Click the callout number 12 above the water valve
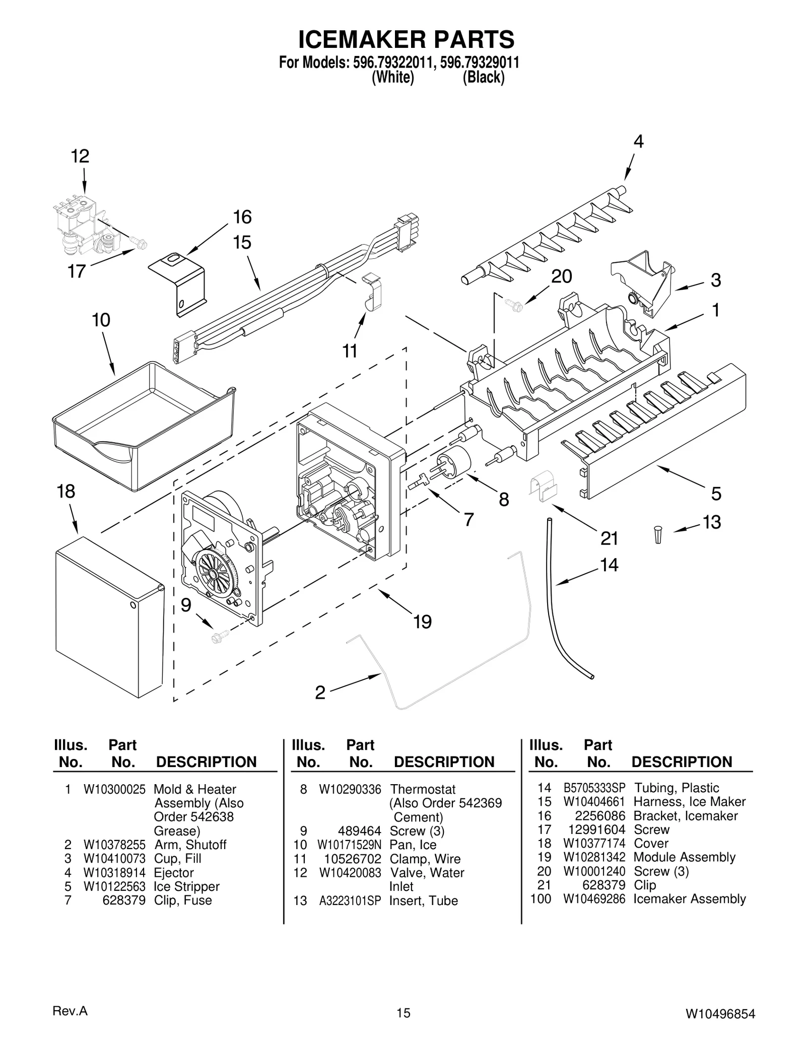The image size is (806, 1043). (x=80, y=156)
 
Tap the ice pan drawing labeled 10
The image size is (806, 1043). (x=144, y=426)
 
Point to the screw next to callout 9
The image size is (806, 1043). (x=221, y=636)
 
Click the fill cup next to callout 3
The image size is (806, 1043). (x=642, y=282)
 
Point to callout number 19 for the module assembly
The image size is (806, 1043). (x=422, y=622)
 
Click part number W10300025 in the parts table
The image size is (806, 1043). (x=114, y=789)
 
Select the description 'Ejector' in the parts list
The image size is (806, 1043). (x=174, y=873)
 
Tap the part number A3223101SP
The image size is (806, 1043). (x=350, y=900)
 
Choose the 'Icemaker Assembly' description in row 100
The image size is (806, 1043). (x=689, y=899)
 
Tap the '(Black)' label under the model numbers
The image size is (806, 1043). (x=483, y=78)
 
